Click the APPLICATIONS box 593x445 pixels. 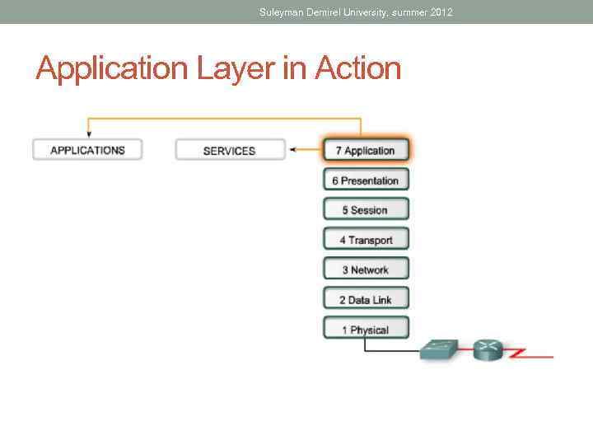[87, 150]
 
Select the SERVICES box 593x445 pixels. [229, 150]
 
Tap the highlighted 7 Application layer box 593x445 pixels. [366, 150]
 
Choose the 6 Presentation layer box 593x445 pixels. [366, 180]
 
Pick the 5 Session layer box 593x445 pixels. [366, 210]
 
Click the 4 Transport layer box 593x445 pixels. [366, 240]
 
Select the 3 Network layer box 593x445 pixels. [366, 269]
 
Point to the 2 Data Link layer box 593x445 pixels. [366, 300]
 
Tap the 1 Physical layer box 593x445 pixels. [366, 330]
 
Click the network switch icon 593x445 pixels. [444, 349]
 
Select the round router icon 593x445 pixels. [488, 350]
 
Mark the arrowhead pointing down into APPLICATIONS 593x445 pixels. [87, 133]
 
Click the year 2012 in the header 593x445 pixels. [441, 12]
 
